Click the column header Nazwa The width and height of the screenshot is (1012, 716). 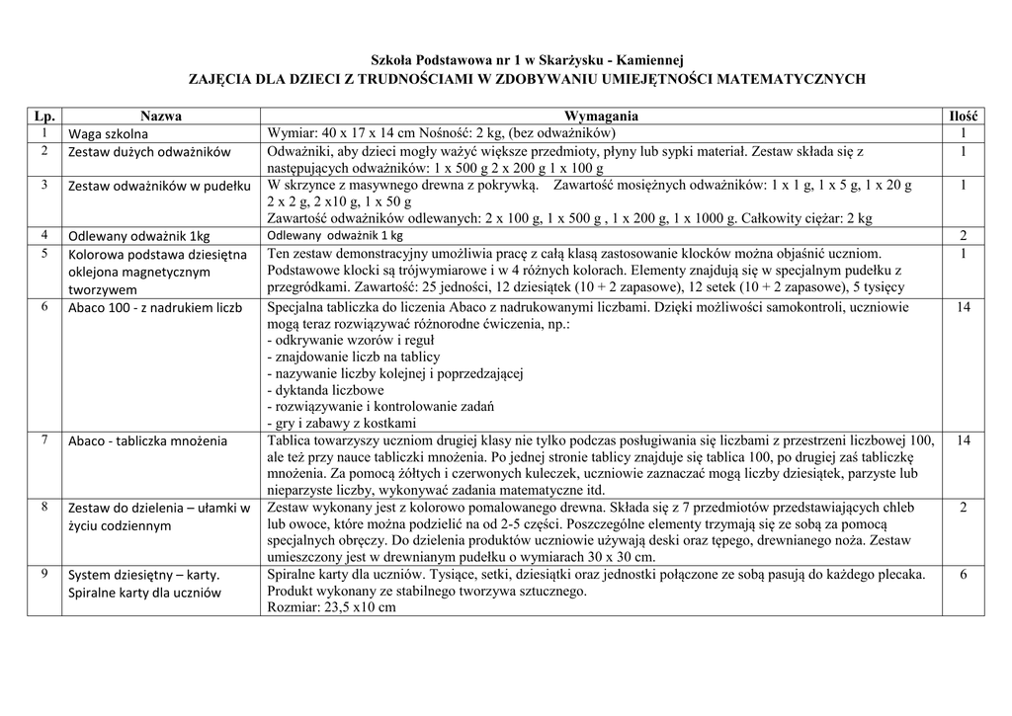tap(161, 117)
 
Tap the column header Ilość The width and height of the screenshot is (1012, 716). tap(963, 117)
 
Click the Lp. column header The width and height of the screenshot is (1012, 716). tap(44, 117)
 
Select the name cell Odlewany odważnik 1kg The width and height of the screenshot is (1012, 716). tap(138, 237)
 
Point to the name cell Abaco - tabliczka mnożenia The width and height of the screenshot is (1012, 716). tap(147, 441)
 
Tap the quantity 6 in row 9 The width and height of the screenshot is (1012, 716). tap(963, 575)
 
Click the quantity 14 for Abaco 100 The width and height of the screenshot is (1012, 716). tap(963, 308)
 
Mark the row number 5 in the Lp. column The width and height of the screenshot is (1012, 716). tap(44, 253)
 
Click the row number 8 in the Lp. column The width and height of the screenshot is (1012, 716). tap(44, 506)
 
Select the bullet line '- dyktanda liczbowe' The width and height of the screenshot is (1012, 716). tap(325, 390)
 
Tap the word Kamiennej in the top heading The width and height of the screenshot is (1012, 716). tap(649, 60)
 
